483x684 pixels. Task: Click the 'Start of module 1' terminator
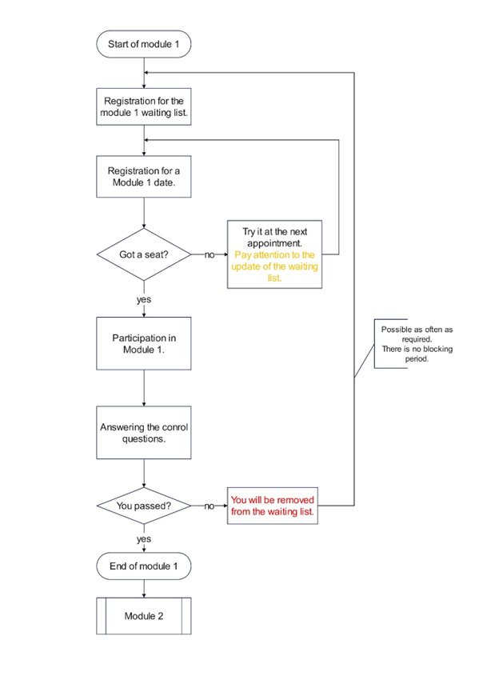[144, 44]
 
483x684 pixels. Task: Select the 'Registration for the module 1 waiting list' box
[144, 107]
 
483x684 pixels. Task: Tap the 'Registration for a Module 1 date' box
[144, 177]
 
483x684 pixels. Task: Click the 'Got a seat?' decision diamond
[144, 254]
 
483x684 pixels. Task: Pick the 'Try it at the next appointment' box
[274, 254]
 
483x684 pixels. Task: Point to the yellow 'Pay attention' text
[274, 266]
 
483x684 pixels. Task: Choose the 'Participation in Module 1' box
[144, 344]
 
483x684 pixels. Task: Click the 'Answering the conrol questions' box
[144, 433]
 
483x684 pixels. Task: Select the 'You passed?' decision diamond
[144, 506]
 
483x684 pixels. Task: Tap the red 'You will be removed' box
[273, 506]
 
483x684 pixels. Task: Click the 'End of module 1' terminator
[144, 566]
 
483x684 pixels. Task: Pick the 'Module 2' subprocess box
[144, 616]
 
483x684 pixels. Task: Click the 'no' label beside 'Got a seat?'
[210, 254]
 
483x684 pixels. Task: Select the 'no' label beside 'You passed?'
[210, 506]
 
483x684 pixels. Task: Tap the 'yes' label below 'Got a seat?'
[144, 300]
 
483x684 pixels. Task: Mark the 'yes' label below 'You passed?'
[144, 539]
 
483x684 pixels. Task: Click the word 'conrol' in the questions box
[175, 427]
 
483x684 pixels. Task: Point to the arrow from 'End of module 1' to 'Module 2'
[144, 589]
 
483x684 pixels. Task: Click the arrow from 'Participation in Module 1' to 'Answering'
[144, 388]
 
